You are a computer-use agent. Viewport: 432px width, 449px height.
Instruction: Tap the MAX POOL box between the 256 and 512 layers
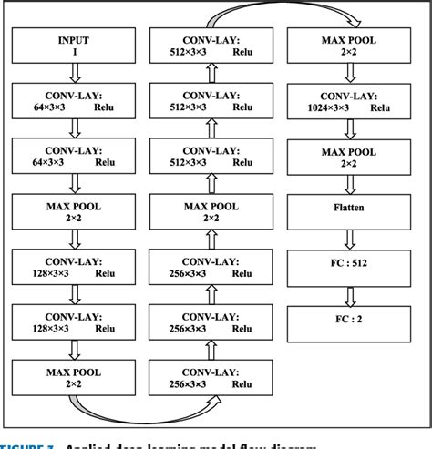click(211, 211)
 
